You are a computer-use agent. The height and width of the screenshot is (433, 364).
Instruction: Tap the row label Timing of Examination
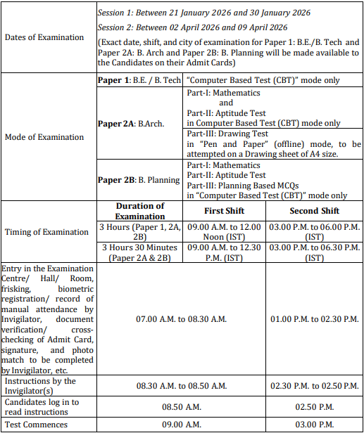click(x=46, y=231)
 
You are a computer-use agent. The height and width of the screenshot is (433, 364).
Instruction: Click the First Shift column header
click(x=223, y=211)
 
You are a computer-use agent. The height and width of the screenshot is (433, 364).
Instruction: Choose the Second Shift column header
click(x=314, y=211)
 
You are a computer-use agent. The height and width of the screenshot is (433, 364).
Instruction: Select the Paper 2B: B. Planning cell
click(x=139, y=180)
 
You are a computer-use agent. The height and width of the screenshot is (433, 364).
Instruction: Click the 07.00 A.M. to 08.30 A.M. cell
click(x=181, y=319)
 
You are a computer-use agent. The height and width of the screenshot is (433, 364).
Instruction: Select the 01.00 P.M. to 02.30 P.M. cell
click(x=313, y=319)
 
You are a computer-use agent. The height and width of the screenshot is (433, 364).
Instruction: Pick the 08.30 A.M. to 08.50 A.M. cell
click(x=181, y=386)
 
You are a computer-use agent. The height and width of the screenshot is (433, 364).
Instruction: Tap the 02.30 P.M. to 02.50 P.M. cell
click(x=313, y=386)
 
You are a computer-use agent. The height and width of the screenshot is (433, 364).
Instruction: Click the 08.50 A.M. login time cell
click(x=181, y=406)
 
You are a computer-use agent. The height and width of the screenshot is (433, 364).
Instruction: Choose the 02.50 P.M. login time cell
click(x=313, y=406)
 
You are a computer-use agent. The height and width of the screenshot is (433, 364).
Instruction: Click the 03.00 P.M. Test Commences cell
click(x=313, y=424)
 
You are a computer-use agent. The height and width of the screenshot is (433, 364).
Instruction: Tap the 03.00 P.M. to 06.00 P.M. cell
click(x=314, y=232)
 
